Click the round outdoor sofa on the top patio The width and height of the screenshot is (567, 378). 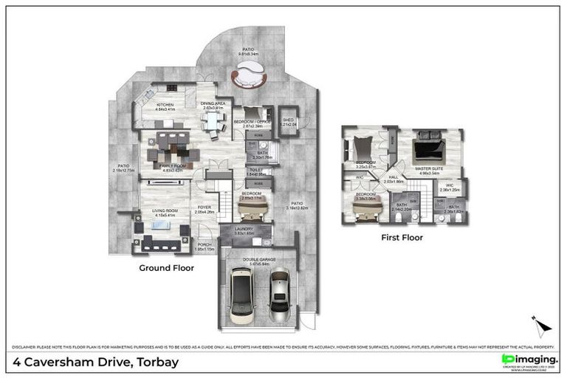point(247,73)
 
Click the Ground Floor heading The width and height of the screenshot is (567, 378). point(166,268)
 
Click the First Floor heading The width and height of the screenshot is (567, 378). point(402,238)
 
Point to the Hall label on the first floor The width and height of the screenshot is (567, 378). point(394,179)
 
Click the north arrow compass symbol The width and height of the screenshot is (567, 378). point(541,326)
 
